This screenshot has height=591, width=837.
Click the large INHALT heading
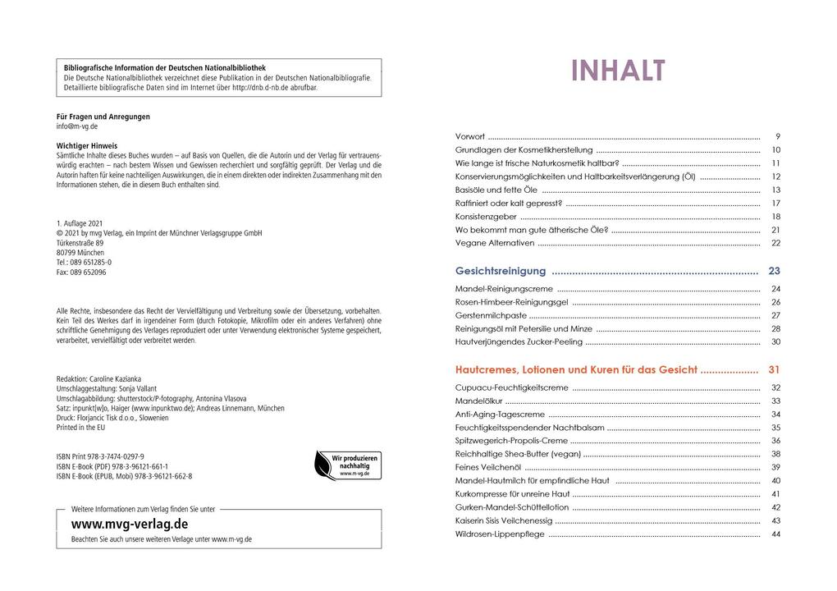pyautogui.click(x=618, y=71)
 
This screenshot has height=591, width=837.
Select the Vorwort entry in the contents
pyautogui.click(x=470, y=136)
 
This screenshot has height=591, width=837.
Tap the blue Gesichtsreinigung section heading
pyautogui.click(x=501, y=271)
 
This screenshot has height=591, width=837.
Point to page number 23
pyautogui.click(x=774, y=271)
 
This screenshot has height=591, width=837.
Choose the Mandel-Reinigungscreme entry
pyautogui.click(x=504, y=289)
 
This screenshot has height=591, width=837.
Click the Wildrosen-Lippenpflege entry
pyautogui.click(x=500, y=534)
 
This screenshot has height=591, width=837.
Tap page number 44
pyautogui.click(x=775, y=534)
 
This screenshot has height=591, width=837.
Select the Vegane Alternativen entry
pyautogui.click(x=494, y=244)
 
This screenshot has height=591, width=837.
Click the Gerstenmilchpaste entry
pyautogui.click(x=490, y=315)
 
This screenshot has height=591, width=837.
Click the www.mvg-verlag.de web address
pyautogui.click(x=130, y=524)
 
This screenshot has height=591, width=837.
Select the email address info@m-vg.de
pyautogui.click(x=77, y=127)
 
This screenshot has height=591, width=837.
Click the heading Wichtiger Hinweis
pyautogui.click(x=87, y=144)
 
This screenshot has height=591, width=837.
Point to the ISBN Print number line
pyautogui.click(x=100, y=456)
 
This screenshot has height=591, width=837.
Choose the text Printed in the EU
pyautogui.click(x=81, y=428)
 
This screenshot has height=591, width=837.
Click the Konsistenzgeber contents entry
pyautogui.click(x=486, y=217)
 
